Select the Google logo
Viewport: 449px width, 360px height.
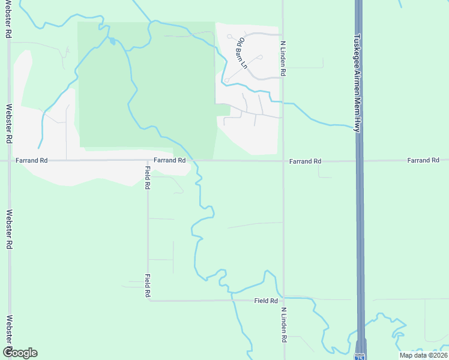(x=20, y=353)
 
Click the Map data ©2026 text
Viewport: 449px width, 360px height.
(x=423, y=355)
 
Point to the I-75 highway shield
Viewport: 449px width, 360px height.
(x=359, y=356)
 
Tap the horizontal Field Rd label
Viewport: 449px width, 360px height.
(x=265, y=301)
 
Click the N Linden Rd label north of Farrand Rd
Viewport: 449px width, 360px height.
(x=282, y=58)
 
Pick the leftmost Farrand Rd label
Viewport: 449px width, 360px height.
(x=31, y=161)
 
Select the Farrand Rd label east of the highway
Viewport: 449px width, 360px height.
(x=423, y=161)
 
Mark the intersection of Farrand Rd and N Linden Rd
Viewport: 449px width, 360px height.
(x=283, y=161)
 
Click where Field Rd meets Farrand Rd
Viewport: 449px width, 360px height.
(x=148, y=161)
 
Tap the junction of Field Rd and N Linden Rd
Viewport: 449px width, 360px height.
(x=283, y=301)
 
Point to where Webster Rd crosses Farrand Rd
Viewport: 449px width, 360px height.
(x=9, y=161)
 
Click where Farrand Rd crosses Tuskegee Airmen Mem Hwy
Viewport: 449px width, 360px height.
(x=359, y=161)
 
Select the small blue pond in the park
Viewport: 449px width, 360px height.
(x=112, y=41)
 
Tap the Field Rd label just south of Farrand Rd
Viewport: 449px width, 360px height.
(x=147, y=178)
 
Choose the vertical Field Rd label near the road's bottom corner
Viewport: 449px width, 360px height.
(x=147, y=286)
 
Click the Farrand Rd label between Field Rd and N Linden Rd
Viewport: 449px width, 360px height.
(x=169, y=161)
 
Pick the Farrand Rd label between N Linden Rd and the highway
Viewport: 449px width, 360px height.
(x=305, y=161)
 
